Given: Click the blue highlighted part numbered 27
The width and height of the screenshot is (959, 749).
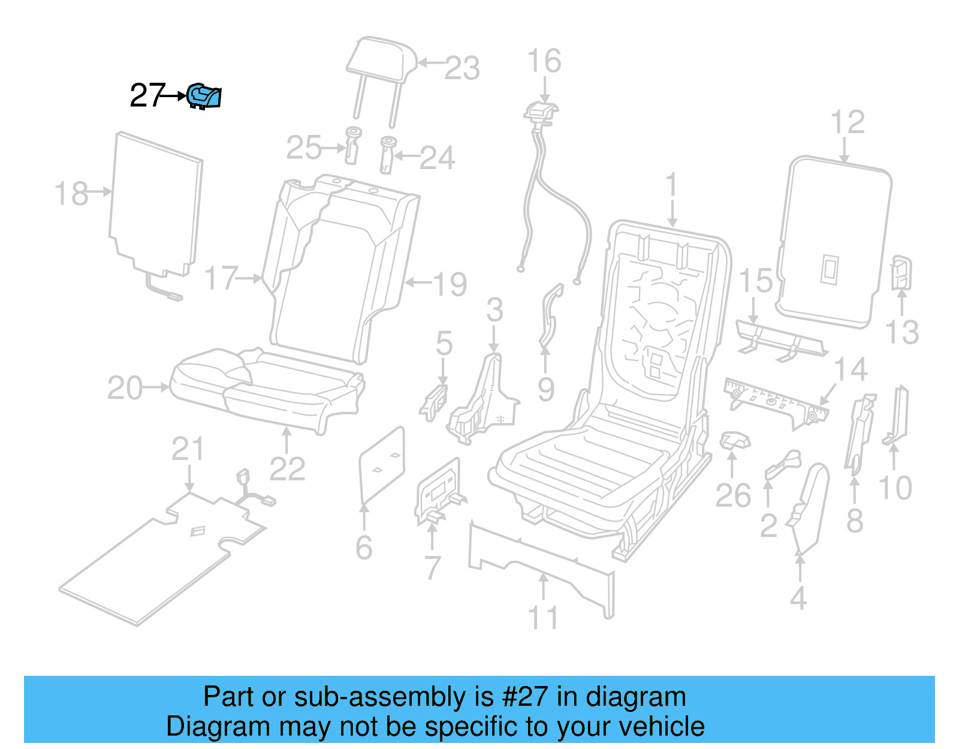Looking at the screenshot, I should tap(204, 97).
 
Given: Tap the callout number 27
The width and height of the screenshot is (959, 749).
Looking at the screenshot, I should tap(146, 96).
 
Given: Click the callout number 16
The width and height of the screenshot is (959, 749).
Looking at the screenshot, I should tap(544, 61).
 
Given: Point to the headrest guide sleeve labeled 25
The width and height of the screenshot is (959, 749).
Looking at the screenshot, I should tap(352, 145).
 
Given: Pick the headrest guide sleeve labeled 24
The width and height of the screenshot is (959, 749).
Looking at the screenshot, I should tap(387, 155).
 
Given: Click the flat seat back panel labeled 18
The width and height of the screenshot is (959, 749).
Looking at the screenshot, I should tap(156, 204).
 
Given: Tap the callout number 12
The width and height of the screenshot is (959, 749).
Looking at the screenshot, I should tap(848, 122).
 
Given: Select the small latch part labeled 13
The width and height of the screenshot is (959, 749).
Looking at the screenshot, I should tap(901, 273).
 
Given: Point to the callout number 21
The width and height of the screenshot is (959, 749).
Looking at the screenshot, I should tap(188, 449).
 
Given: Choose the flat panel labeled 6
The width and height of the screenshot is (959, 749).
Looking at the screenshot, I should tap(382, 465).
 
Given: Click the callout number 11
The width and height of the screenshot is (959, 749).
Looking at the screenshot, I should tap(543, 618).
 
